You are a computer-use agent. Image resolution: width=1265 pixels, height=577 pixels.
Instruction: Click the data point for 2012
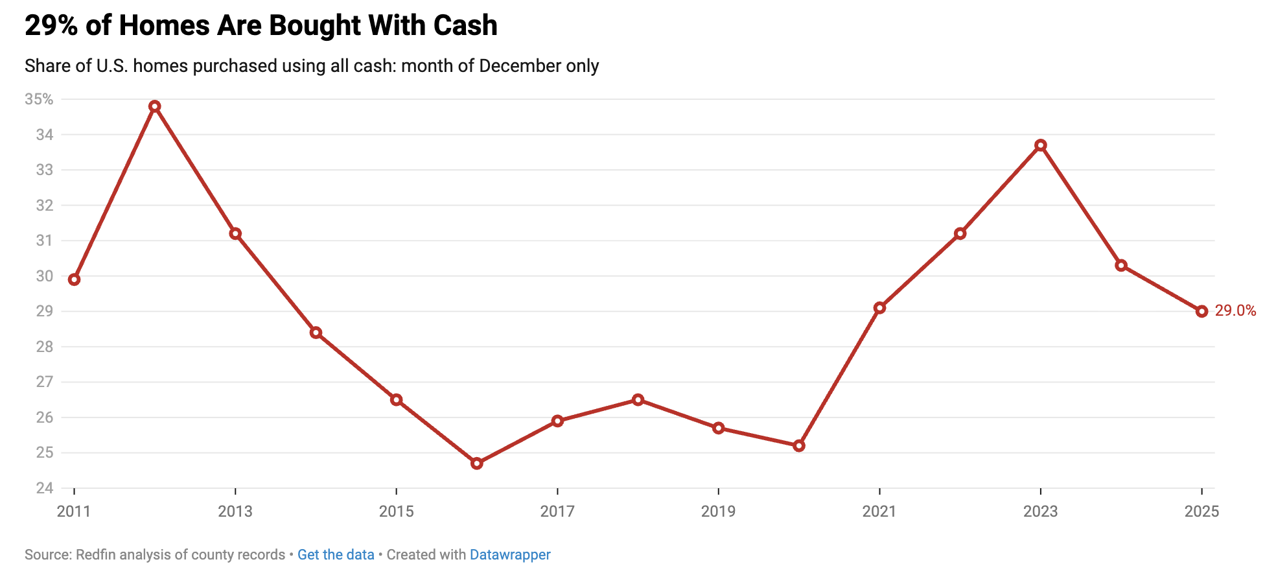pos(154,106)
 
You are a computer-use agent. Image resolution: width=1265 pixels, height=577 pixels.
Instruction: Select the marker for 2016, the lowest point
pos(477,464)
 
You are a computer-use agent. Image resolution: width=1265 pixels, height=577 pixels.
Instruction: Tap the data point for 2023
pos(1041,145)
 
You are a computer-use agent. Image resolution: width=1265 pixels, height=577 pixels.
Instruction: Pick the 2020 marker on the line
pos(799,446)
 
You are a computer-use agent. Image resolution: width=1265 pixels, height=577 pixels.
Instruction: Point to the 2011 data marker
pos(74,279)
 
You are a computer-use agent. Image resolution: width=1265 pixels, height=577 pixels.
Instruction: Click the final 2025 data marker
pos(1202,311)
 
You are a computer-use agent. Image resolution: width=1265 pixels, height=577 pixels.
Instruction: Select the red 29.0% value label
pos(1235,311)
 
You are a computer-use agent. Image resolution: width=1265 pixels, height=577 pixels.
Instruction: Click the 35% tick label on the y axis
pos(39,99)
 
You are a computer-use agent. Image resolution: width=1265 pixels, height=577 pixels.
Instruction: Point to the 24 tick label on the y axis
pos(44,488)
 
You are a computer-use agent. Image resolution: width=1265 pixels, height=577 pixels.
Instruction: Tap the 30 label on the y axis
pos(44,276)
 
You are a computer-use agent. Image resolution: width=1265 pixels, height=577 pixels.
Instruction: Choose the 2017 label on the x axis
pos(557,512)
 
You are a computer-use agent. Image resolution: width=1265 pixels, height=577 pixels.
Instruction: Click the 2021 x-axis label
pos(879,512)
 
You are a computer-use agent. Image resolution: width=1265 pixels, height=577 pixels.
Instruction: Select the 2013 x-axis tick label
pos(235,512)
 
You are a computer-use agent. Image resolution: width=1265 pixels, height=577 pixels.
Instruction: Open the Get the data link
pos(336,555)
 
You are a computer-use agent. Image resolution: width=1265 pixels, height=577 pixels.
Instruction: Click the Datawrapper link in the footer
pos(510,555)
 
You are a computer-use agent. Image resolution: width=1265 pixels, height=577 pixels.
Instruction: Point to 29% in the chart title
pos(51,26)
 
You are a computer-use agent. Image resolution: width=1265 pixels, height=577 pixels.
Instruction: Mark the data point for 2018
pos(638,399)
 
